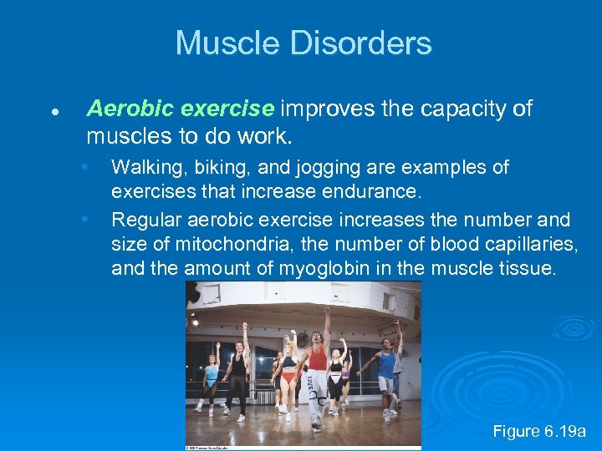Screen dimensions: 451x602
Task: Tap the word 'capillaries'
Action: (510, 245)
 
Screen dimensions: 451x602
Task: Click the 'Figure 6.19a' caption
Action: (538, 431)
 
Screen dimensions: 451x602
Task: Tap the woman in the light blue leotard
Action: (212, 376)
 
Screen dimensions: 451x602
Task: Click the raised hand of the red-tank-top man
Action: (328, 312)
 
